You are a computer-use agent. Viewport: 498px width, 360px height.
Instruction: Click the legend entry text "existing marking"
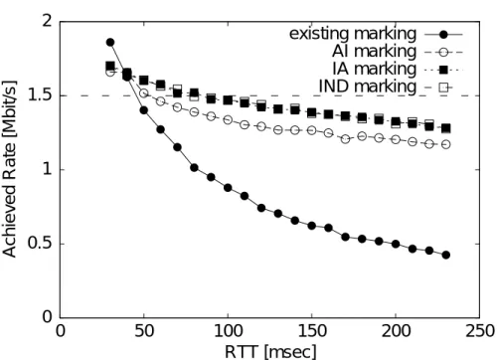coord(353,34)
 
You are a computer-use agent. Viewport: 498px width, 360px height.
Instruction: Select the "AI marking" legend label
coord(374,52)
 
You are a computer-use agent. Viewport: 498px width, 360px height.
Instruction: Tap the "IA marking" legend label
coord(374,69)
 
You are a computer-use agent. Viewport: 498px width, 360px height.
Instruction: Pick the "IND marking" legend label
coord(367,87)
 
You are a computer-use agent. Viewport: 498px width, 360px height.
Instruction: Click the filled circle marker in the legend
coord(443,34)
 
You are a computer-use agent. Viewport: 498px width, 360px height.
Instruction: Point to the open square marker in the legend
coord(443,88)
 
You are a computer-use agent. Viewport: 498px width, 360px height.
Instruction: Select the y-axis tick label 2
coord(49,22)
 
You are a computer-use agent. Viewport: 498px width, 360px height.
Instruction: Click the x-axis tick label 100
coord(228,331)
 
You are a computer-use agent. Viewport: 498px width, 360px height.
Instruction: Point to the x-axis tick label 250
coord(480,331)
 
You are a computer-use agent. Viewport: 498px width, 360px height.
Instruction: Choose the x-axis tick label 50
coord(144,331)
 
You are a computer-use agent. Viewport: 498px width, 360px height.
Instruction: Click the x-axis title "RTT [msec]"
coord(270,352)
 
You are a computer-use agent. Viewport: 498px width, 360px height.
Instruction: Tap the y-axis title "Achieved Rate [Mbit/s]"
coord(9,169)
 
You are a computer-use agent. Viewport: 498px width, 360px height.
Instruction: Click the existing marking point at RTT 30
coord(110,43)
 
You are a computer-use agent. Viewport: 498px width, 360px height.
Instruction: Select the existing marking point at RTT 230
coord(446,255)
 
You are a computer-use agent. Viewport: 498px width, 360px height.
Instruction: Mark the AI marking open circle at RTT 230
coord(446,144)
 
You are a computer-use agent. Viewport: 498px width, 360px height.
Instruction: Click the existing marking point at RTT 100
coord(228,188)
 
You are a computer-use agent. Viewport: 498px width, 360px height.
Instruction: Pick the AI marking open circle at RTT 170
coord(345,139)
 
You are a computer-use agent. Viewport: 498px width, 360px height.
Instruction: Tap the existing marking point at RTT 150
coord(311,226)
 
